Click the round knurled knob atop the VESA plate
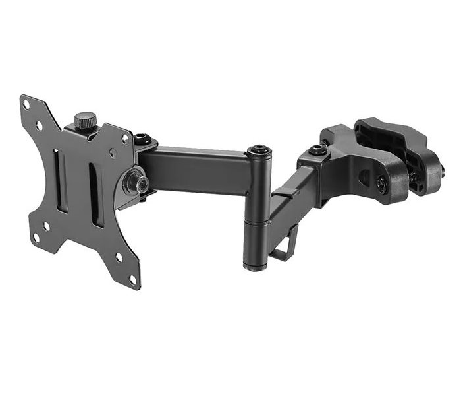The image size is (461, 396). (84, 121)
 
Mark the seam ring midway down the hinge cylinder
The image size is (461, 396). (255, 222)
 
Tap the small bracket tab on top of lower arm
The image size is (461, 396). (283, 193)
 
